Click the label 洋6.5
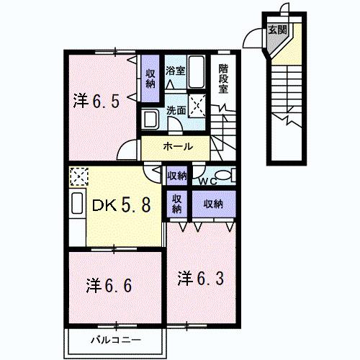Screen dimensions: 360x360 (x=95, y=100)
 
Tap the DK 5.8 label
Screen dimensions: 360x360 (x=121, y=206)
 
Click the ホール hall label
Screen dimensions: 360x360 (x=176, y=146)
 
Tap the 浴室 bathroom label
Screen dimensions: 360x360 (x=175, y=71)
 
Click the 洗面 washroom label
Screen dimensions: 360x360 (x=176, y=110)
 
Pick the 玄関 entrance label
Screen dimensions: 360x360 (x=277, y=30)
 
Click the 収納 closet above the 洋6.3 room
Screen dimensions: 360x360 (x=213, y=204)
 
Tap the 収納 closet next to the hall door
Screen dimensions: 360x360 (x=177, y=175)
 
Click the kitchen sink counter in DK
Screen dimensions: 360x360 (x=77, y=204)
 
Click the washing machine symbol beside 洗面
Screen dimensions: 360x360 (x=151, y=118)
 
